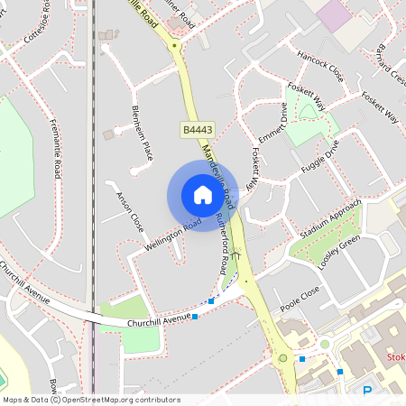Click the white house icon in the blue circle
coord(202,194)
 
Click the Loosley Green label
coord(339,251)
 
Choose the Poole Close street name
coord(300,299)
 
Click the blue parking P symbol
coord(367,391)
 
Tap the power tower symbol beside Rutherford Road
coord(235,254)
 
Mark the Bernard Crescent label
coord(388,63)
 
